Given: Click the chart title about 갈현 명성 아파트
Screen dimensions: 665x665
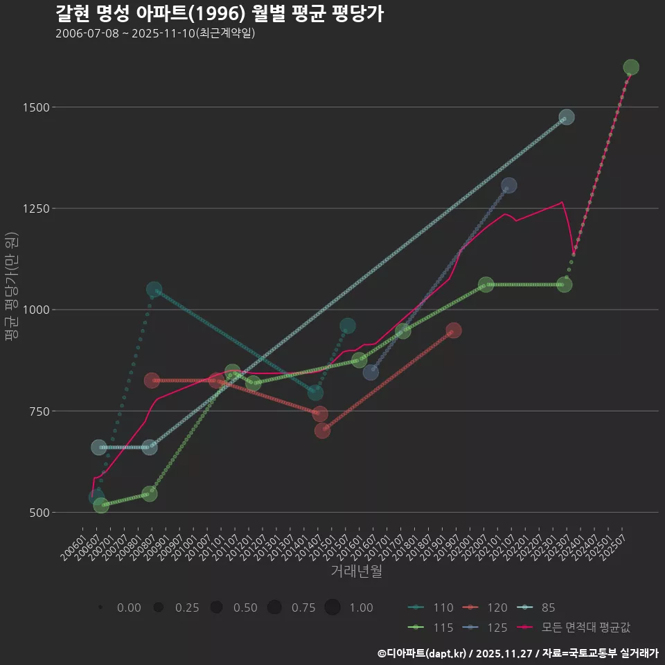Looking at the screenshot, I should (219, 14).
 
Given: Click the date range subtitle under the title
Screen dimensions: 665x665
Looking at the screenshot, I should (155, 33).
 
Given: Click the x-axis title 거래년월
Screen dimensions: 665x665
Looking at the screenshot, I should (356, 571).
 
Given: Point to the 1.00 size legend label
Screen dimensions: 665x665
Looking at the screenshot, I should (361, 608).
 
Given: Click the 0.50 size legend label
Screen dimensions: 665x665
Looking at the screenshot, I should (245, 608).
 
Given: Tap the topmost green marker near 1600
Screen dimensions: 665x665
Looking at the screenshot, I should (630, 67).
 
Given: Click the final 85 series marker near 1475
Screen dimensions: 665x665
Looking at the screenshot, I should (566, 117).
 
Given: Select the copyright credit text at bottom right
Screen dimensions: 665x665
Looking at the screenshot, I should (517, 653).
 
